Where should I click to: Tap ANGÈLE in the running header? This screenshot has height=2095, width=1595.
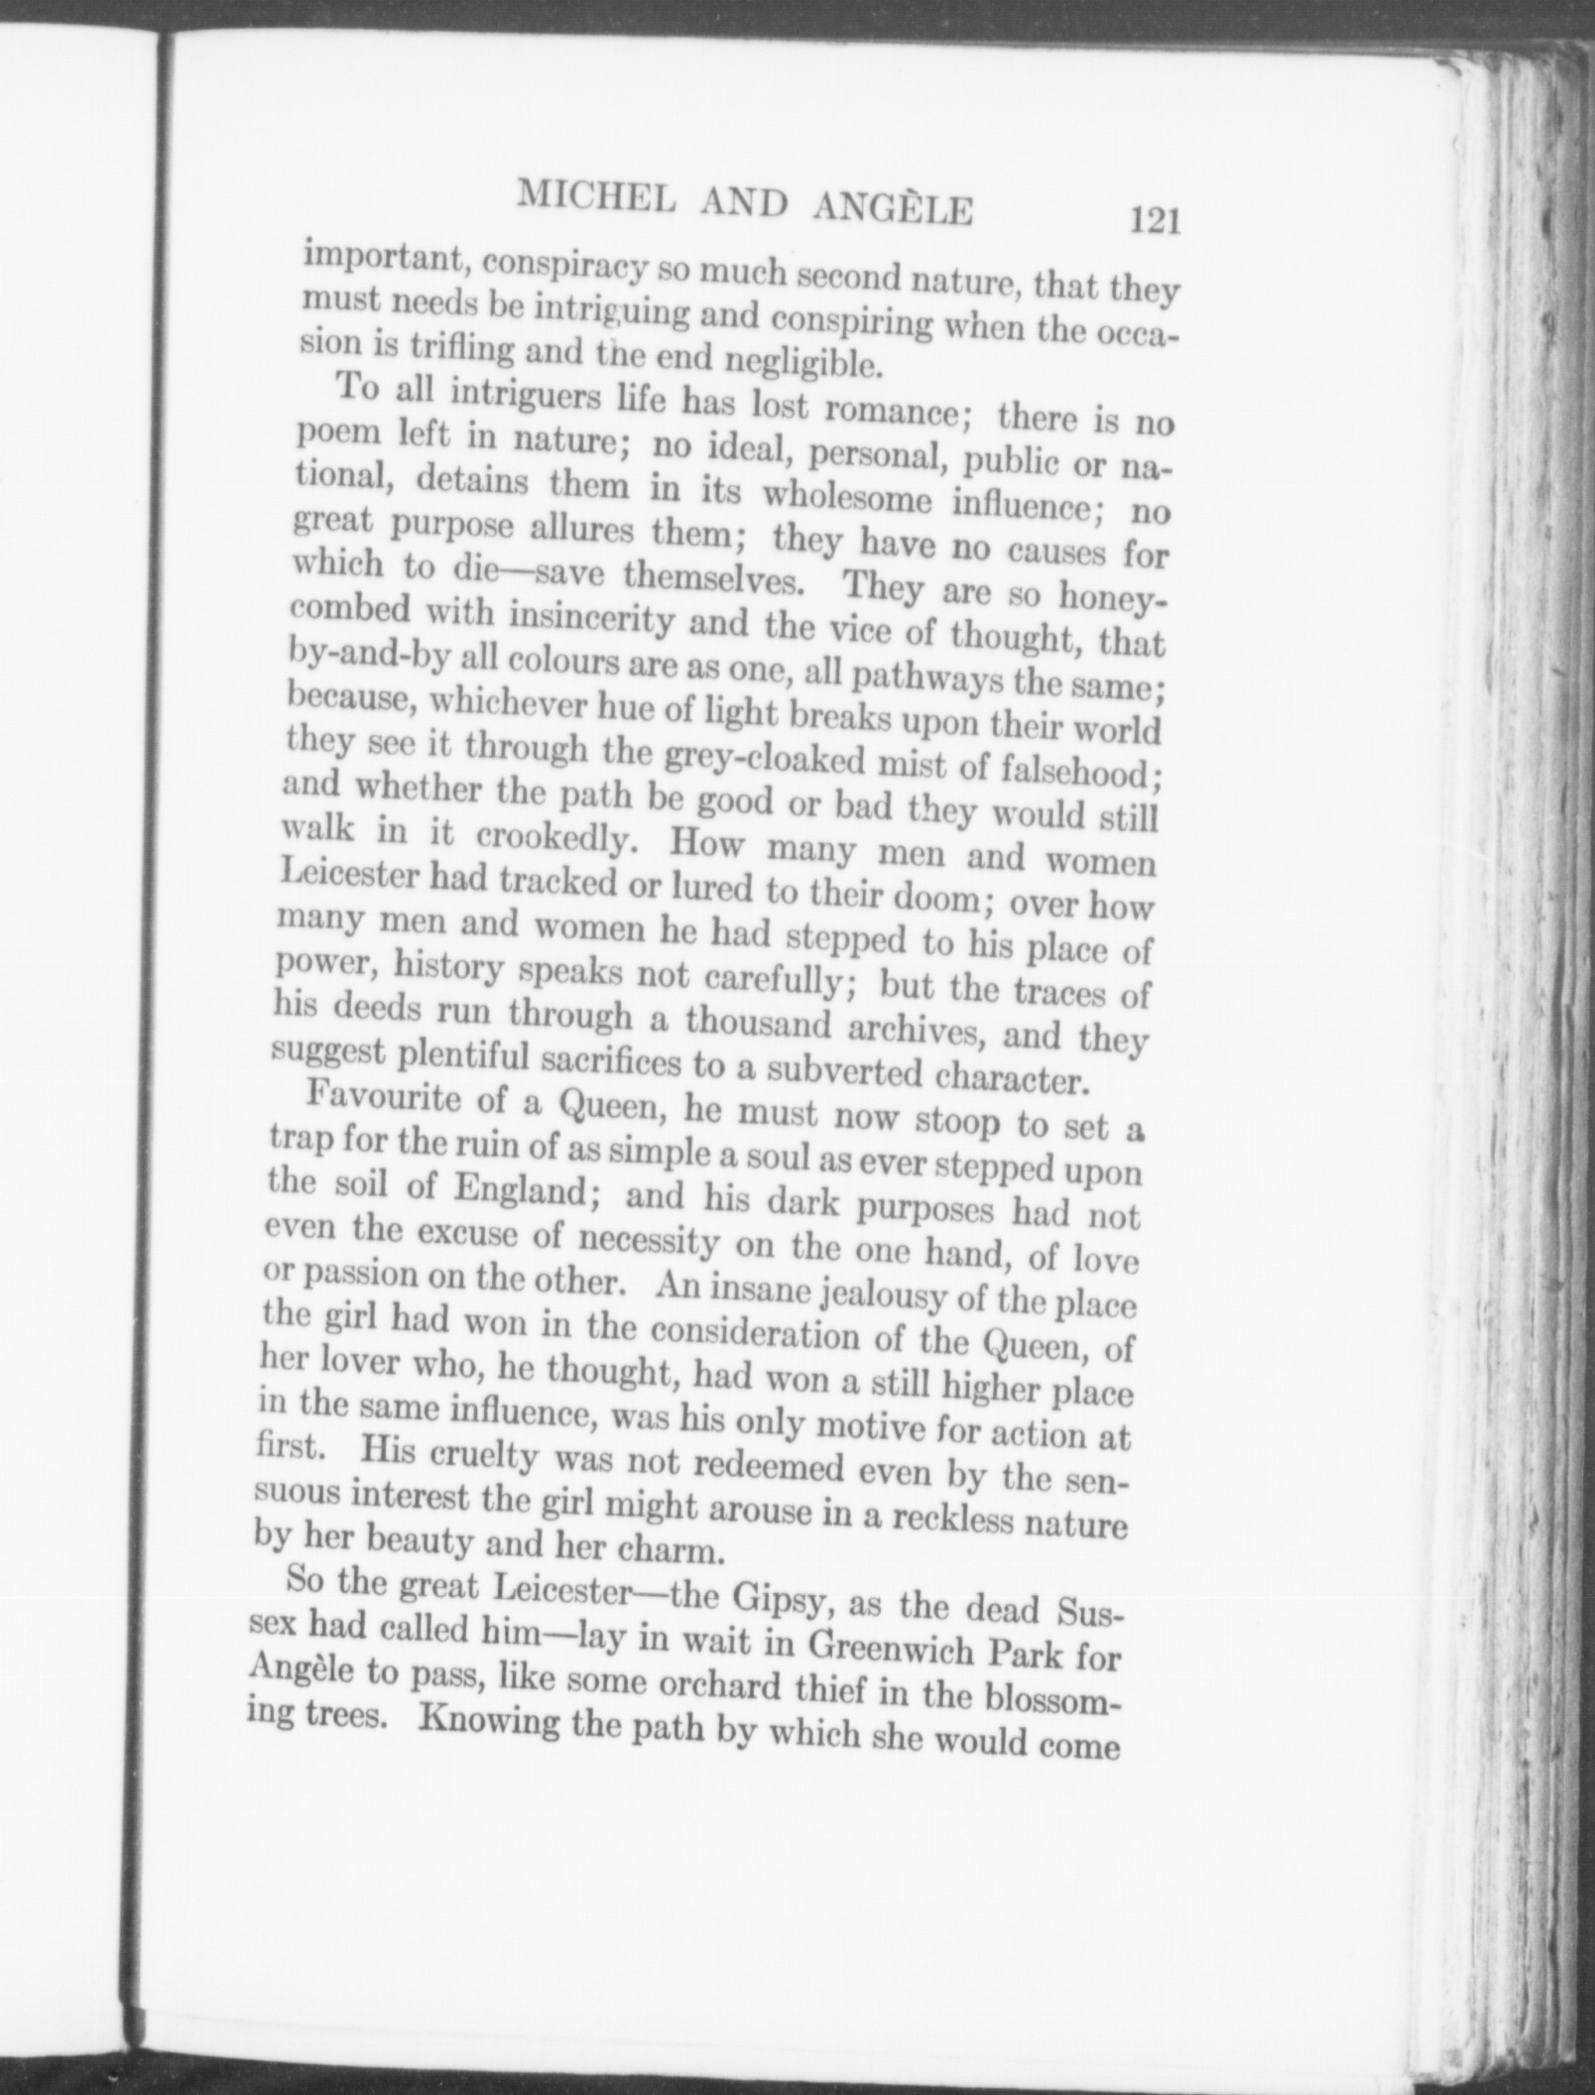tap(891, 210)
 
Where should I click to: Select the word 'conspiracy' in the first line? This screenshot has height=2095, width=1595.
tap(554, 266)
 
